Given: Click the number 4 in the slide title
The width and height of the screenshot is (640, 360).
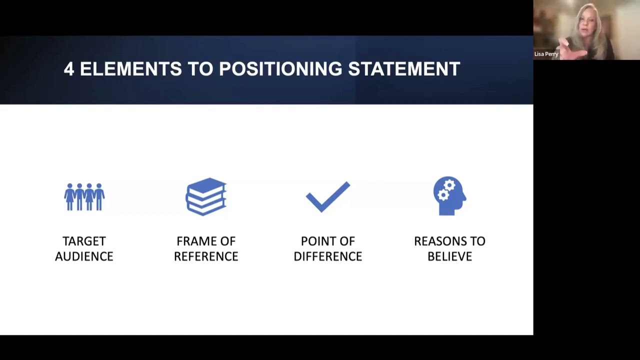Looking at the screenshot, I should click(x=69, y=69).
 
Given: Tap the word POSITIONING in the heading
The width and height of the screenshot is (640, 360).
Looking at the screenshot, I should click(x=280, y=69).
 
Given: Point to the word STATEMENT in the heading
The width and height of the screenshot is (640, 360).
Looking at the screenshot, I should click(x=404, y=69).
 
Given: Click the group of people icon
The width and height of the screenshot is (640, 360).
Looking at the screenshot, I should click(x=84, y=196).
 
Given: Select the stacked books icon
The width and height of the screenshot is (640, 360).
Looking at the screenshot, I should click(x=206, y=196).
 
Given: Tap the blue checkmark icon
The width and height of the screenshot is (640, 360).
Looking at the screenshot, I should click(x=328, y=196).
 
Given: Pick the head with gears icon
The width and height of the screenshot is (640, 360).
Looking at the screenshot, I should click(x=449, y=196).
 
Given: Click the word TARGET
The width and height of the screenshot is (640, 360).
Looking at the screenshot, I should click(x=84, y=241).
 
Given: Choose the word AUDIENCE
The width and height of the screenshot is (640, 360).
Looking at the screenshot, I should click(x=84, y=256).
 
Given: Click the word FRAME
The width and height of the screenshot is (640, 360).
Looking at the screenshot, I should click(x=192, y=241).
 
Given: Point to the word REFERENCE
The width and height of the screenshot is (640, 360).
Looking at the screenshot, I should click(x=206, y=256).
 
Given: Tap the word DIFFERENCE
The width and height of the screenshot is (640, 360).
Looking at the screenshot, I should click(x=328, y=256).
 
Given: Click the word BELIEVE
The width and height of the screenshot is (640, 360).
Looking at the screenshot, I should click(x=449, y=256).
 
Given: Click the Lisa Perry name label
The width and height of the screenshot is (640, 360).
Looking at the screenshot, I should click(x=546, y=54).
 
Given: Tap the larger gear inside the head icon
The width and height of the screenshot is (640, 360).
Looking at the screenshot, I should click(x=449, y=186).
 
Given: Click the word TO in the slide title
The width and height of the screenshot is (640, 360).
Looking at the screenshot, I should click(x=200, y=69).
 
